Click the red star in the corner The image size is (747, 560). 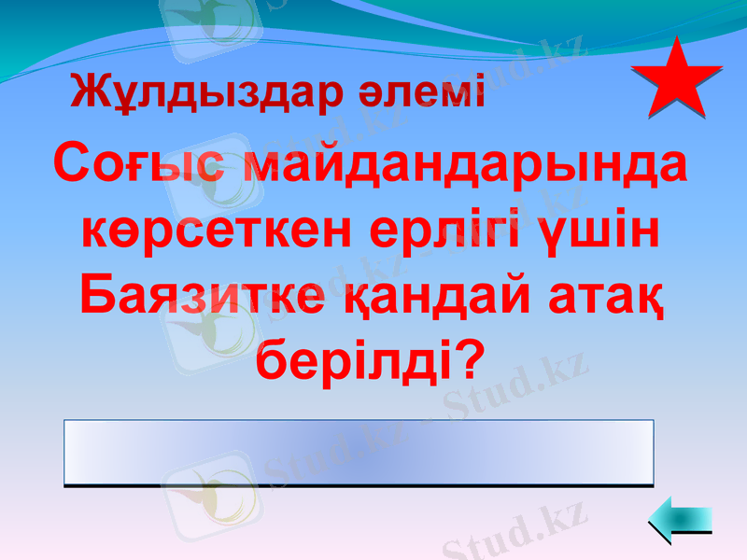click(677, 79)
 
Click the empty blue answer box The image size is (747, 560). click(359, 453)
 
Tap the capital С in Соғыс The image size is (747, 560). click(73, 164)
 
